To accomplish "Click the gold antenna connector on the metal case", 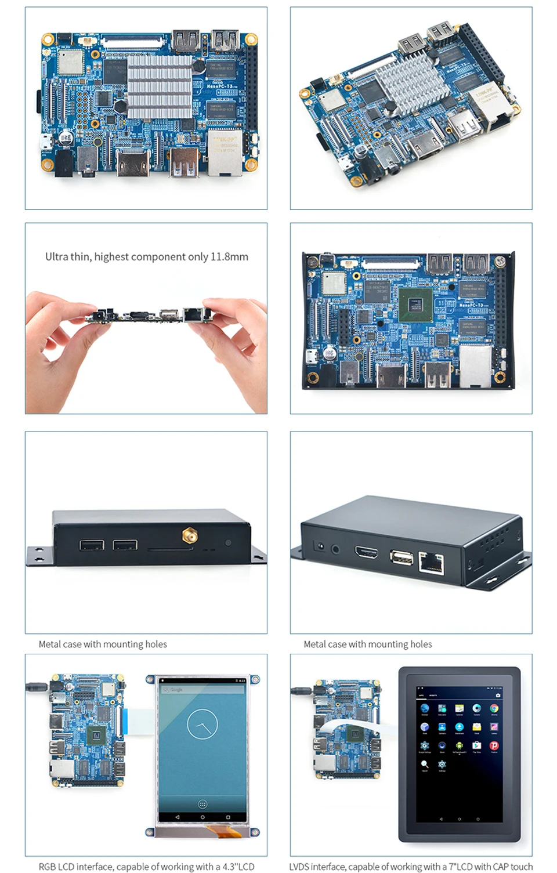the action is click(x=189, y=535).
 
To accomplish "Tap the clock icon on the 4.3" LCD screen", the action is click(x=202, y=724).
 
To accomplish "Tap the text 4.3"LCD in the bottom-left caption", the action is click(x=238, y=867).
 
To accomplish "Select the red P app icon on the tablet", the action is click(x=494, y=745).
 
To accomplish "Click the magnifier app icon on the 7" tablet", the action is click(x=425, y=764).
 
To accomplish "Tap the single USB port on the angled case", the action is click(x=401, y=557).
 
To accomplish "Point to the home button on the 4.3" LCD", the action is click(x=202, y=817).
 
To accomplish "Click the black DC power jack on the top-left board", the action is click(x=63, y=163).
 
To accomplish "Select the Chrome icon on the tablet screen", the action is click(x=494, y=708).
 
